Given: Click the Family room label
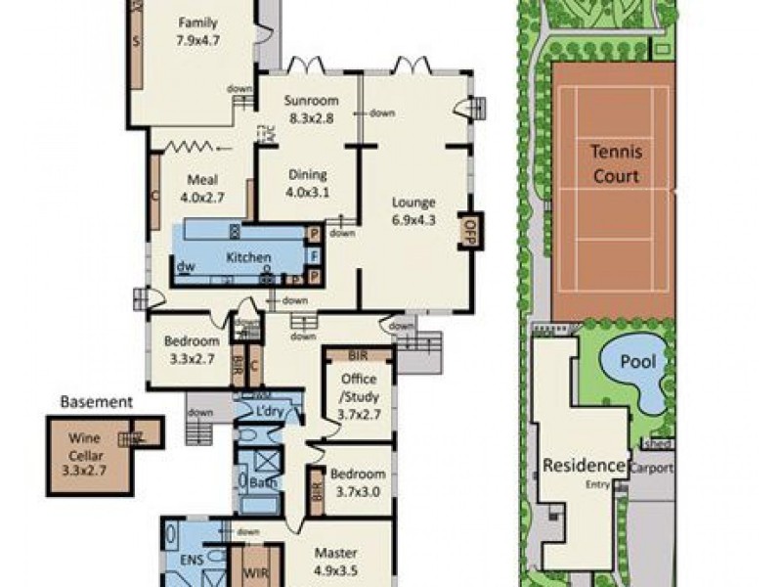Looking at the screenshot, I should [198, 23].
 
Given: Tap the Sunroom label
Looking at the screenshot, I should [311, 101].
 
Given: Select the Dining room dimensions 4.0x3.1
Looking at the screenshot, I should [308, 192].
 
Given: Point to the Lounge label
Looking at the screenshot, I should [413, 203].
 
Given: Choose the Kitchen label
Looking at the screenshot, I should [248, 257].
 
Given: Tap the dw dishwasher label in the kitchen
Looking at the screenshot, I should [184, 266].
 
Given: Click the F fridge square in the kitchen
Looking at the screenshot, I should [315, 256].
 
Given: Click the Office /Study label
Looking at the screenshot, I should [358, 386].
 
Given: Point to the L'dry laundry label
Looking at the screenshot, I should [268, 412].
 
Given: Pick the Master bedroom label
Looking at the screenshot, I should [334, 552].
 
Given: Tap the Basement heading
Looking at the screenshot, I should [96, 401].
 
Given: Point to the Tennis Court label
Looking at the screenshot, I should [614, 164].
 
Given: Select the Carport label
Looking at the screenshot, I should [650, 468].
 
